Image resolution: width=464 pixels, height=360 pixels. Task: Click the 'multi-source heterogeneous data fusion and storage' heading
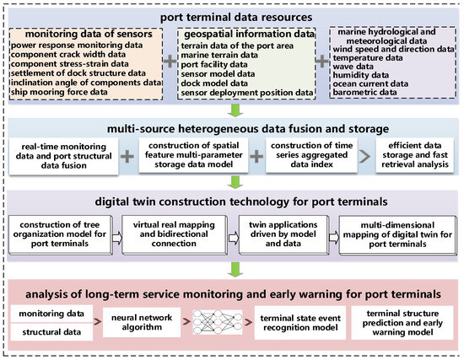coord(232,126)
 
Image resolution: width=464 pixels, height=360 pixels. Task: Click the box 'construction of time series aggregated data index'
coord(309,155)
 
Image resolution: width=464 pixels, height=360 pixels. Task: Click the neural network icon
coord(215,322)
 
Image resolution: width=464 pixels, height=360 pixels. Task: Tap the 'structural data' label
coord(50,332)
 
